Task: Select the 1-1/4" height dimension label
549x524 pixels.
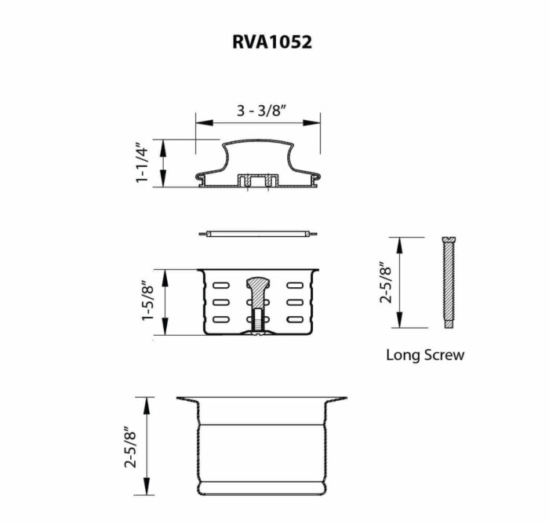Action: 142,163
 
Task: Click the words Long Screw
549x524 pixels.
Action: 424,355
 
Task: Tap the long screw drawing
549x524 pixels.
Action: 448,282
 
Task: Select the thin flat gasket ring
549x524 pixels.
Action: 258,234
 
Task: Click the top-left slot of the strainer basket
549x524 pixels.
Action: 220,283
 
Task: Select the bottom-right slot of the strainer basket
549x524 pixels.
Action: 296,318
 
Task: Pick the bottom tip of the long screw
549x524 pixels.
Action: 448,326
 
